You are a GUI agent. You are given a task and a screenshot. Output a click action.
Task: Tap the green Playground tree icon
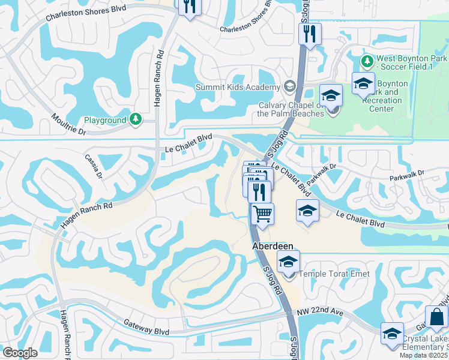point(136,119)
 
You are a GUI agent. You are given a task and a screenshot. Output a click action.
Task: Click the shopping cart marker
point(262,213)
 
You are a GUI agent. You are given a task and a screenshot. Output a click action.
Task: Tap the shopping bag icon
point(436,316)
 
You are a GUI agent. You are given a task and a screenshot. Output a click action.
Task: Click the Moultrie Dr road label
point(69,124)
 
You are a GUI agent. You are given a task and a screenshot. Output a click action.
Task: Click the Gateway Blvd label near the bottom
point(146,326)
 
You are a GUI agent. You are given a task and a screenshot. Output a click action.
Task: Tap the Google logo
point(20,353)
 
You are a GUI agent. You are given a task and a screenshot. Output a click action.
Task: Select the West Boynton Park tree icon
point(367,61)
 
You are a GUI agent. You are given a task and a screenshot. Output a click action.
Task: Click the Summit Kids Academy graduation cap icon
point(290,87)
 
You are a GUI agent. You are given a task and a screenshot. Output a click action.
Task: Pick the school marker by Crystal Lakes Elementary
point(392,334)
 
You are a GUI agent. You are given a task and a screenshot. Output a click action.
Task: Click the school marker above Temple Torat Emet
point(289,262)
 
